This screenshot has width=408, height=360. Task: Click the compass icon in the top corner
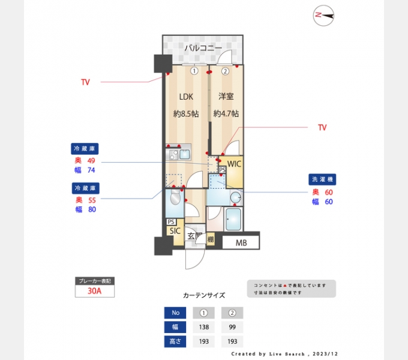323,15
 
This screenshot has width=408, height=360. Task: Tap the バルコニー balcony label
203,47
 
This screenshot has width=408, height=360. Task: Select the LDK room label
187,96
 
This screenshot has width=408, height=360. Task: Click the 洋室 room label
226,96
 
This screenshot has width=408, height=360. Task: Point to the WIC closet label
234,163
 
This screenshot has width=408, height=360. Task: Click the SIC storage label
175,230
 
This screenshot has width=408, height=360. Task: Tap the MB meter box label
241,243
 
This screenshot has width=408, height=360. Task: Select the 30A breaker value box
94,291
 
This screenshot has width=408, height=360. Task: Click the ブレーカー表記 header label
94,281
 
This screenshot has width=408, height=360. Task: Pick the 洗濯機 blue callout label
323,179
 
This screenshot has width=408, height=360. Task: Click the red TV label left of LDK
85,82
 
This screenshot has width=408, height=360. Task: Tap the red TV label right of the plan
322,128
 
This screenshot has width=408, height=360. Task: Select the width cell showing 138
203,327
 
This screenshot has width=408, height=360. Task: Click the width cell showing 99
232,327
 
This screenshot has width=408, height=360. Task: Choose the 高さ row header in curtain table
175,341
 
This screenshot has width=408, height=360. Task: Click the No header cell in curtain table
175,313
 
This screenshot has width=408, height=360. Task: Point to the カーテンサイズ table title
203,295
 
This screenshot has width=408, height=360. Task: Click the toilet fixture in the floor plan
175,199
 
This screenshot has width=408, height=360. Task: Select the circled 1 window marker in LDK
194,71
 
